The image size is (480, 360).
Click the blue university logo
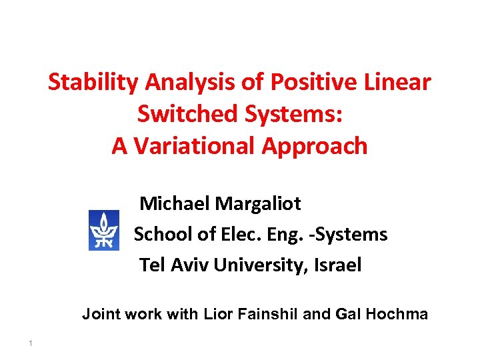104,230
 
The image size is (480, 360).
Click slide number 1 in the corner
31,343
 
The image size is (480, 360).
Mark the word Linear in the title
398,83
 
